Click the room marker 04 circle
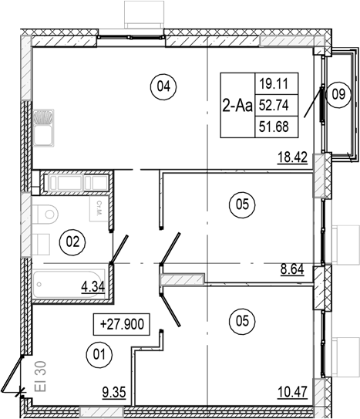pyautogui.click(x=163, y=87)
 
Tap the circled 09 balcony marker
pyautogui.click(x=337, y=96)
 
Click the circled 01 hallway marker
pyautogui.click(x=96, y=354)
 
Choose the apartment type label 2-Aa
pyautogui.click(x=236, y=107)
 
